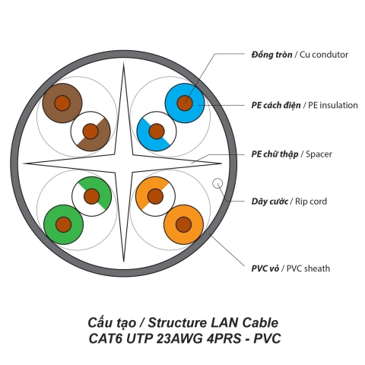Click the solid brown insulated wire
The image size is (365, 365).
tap(62, 100)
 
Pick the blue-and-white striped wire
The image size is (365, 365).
tap(156, 131)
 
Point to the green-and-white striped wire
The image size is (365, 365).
tap(92, 195)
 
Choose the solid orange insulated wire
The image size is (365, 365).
tap(183, 224)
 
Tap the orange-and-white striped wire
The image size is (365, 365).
tap(155, 195)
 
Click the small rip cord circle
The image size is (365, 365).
tap(217, 183)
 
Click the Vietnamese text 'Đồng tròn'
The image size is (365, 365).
tap(271, 55)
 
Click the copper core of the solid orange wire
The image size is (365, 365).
tap(183, 224)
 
